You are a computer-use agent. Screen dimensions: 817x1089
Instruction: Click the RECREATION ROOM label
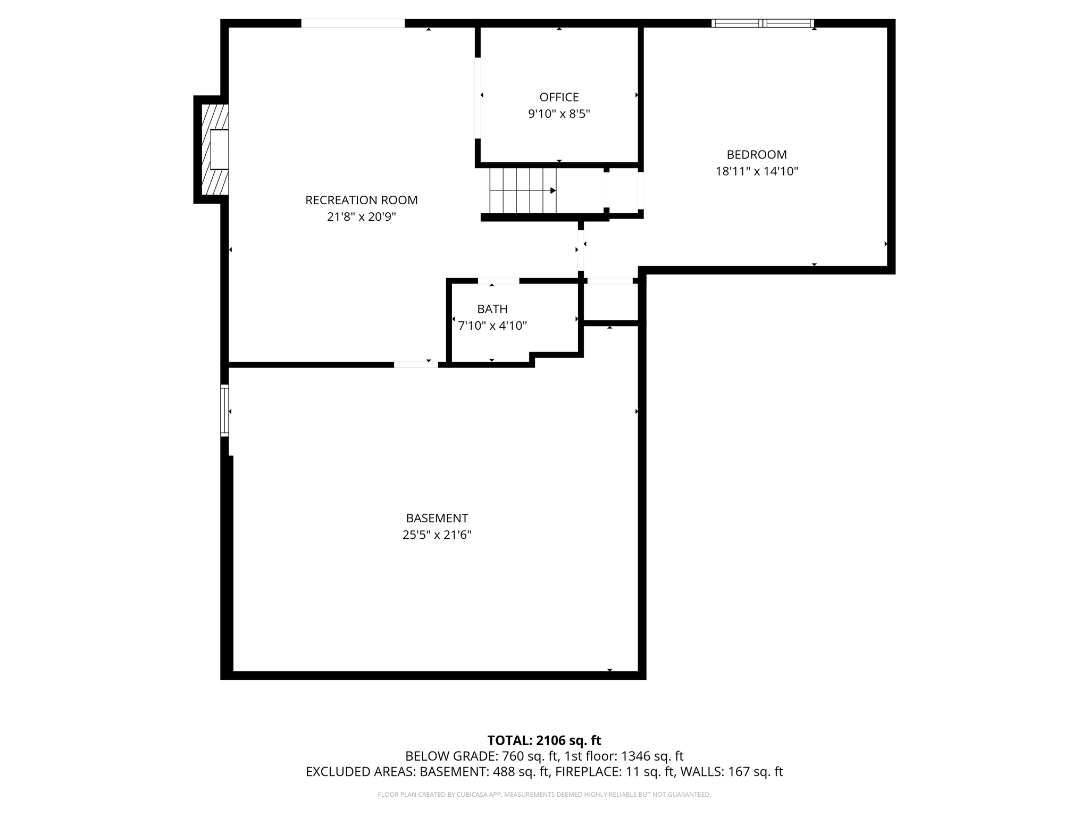[361, 200]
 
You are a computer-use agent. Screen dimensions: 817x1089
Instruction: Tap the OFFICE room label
[559, 97]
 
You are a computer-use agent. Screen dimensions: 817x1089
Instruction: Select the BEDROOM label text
[756, 154]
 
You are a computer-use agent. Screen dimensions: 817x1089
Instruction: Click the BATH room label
[492, 309]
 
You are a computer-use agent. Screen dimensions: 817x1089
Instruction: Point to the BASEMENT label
[437, 518]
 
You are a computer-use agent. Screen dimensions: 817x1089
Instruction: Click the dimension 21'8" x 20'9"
[361, 217]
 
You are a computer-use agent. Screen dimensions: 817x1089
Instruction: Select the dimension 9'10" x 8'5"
[559, 114]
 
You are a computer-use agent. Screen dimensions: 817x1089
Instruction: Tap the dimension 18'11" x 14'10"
[756, 171]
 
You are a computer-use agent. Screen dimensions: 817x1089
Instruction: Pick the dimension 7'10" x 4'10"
[492, 326]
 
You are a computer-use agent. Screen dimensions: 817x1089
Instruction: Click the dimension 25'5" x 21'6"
[437, 535]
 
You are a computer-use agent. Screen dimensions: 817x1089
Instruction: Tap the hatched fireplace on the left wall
[211, 149]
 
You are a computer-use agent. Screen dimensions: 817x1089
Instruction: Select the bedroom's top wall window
[763, 23]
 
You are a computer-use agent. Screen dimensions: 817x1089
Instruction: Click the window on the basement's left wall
[224, 411]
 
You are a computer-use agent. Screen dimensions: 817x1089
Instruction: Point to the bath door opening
[498, 280]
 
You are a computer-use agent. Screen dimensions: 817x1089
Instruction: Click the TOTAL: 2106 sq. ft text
[544, 740]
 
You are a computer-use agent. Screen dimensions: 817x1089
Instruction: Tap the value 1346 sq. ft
[652, 756]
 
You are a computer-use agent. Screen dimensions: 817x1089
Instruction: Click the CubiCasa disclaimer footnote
[544, 795]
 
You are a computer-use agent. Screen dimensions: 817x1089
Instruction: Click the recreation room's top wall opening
[353, 23]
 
